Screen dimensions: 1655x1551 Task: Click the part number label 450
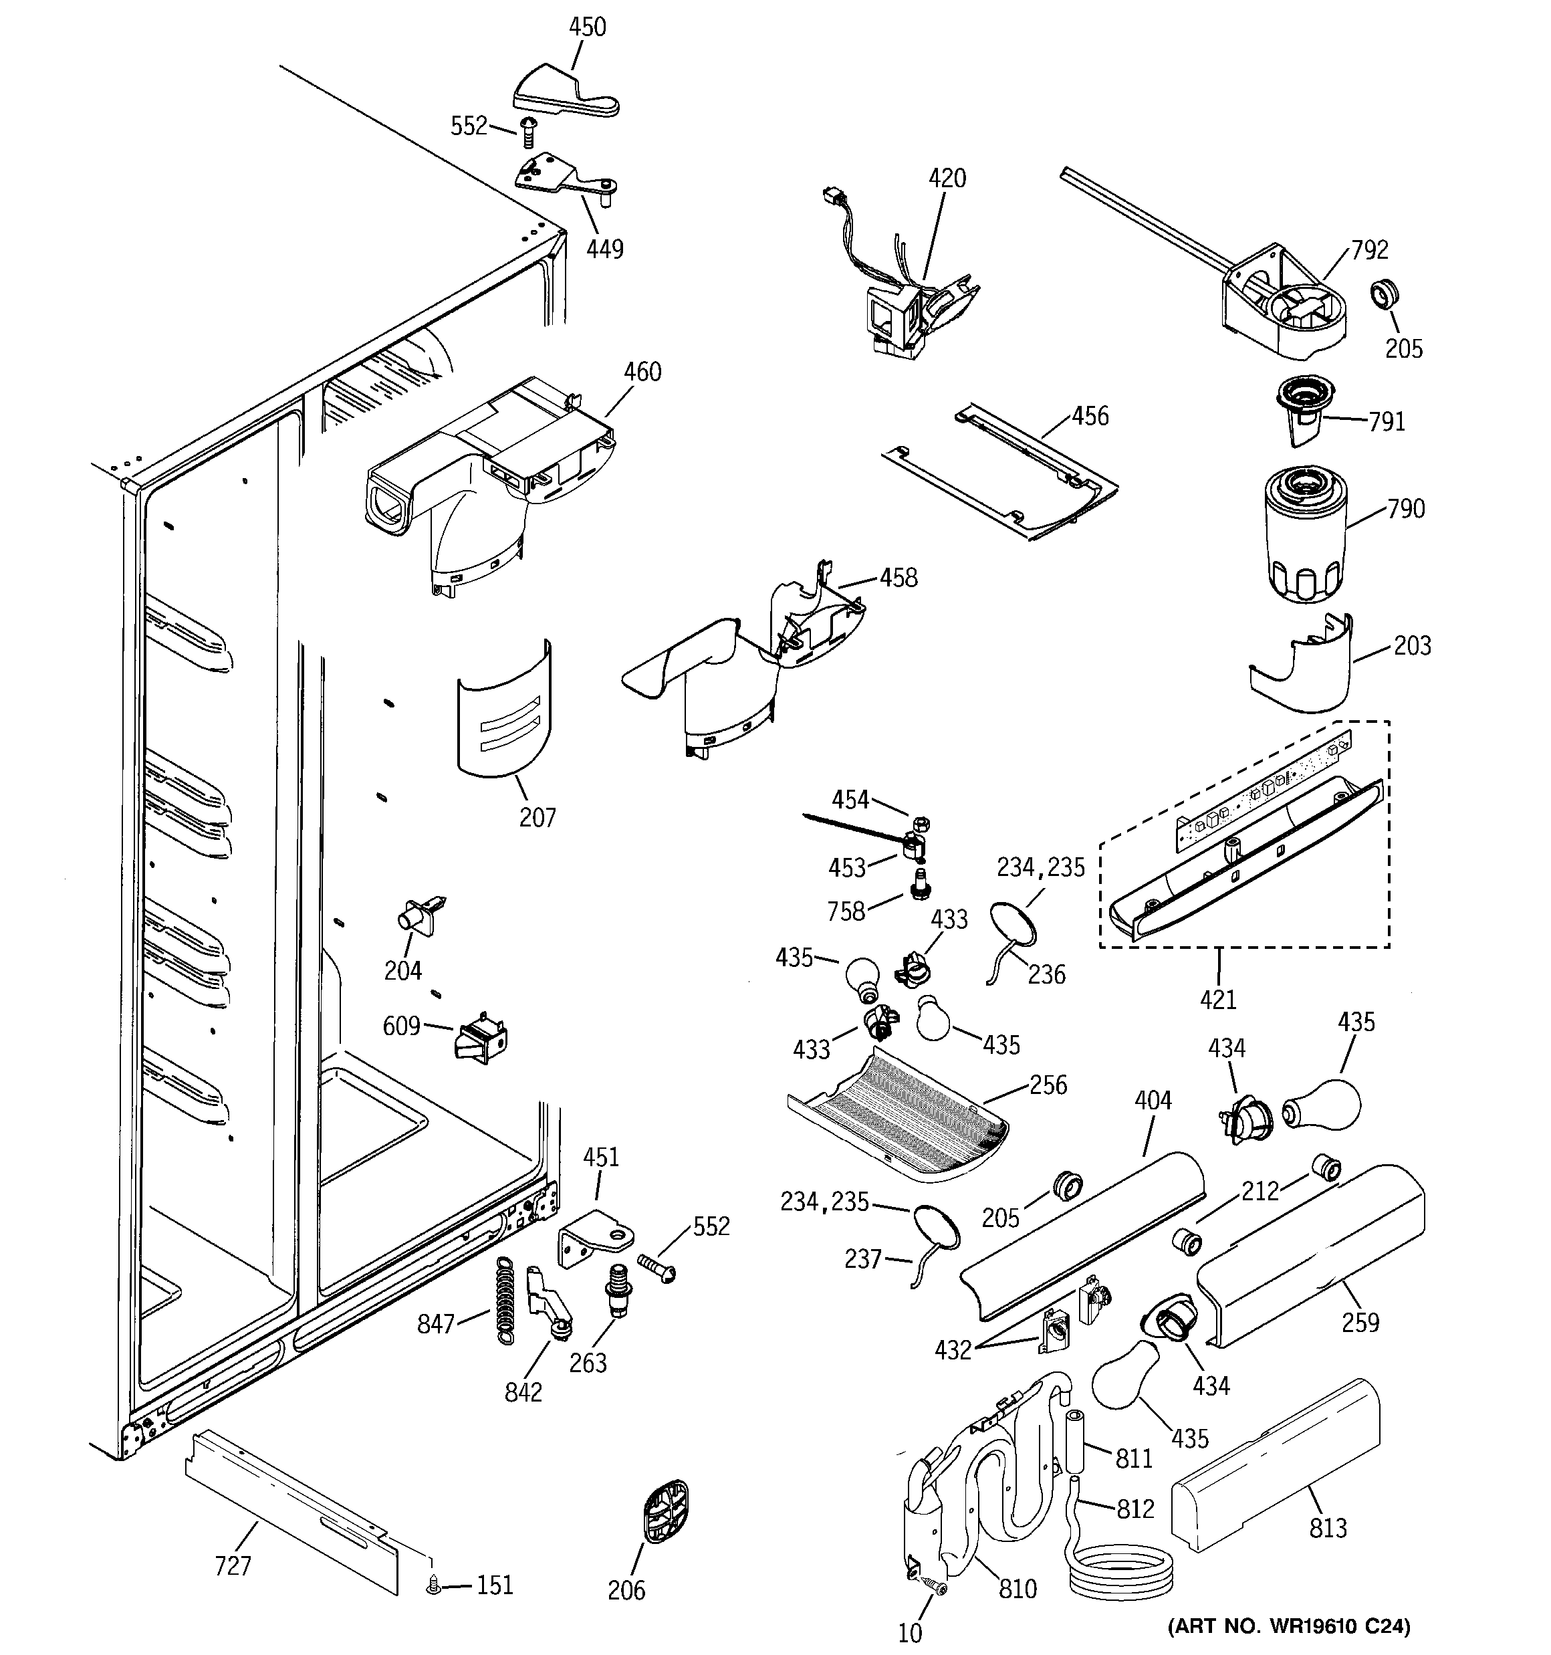(x=587, y=27)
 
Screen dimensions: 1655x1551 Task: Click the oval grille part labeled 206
(x=666, y=1512)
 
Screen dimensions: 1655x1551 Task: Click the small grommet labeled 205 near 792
(x=1385, y=295)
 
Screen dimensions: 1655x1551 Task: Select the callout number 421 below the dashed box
(x=1218, y=999)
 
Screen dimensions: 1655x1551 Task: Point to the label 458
(x=899, y=577)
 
